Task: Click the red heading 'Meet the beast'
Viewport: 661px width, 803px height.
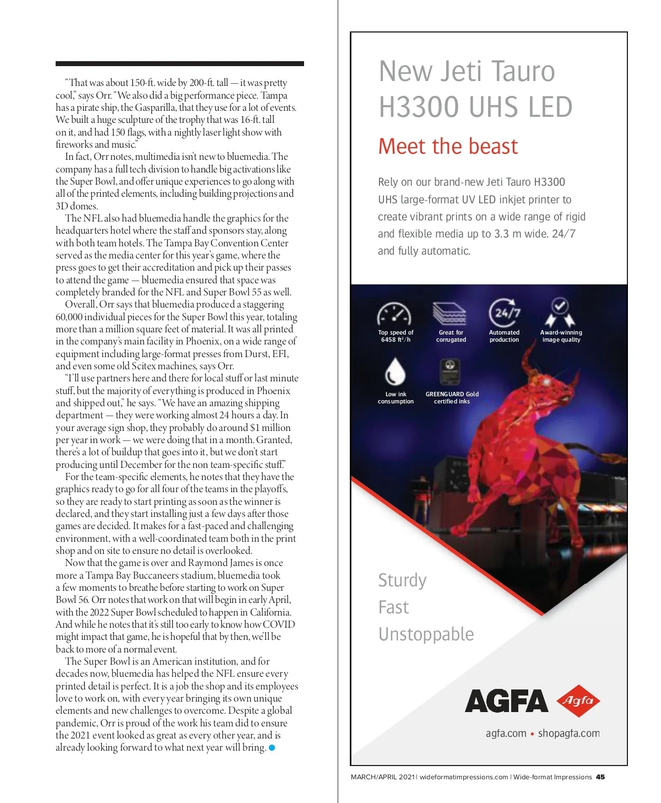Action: click(448, 147)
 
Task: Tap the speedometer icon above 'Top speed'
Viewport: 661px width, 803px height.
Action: click(394, 315)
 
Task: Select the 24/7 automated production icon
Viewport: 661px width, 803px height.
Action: click(505, 313)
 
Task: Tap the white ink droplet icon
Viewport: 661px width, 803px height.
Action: click(394, 371)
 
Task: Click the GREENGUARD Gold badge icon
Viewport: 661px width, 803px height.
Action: click(449, 372)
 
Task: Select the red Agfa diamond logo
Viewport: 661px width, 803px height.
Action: click(578, 700)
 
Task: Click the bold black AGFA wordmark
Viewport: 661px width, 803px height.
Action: click(506, 701)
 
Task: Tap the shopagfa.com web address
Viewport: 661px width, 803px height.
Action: click(568, 734)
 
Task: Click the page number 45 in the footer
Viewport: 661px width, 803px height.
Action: click(600, 777)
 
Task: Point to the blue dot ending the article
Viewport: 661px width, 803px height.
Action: click(272, 748)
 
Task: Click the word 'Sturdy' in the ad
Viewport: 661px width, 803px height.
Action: click(402, 580)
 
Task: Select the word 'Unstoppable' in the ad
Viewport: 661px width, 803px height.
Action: click(426, 634)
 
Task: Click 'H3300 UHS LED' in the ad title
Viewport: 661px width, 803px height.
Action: click(475, 107)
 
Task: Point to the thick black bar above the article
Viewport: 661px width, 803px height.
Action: click(180, 64)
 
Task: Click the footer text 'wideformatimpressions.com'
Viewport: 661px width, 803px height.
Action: click(464, 777)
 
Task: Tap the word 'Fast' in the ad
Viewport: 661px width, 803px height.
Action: click(393, 607)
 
